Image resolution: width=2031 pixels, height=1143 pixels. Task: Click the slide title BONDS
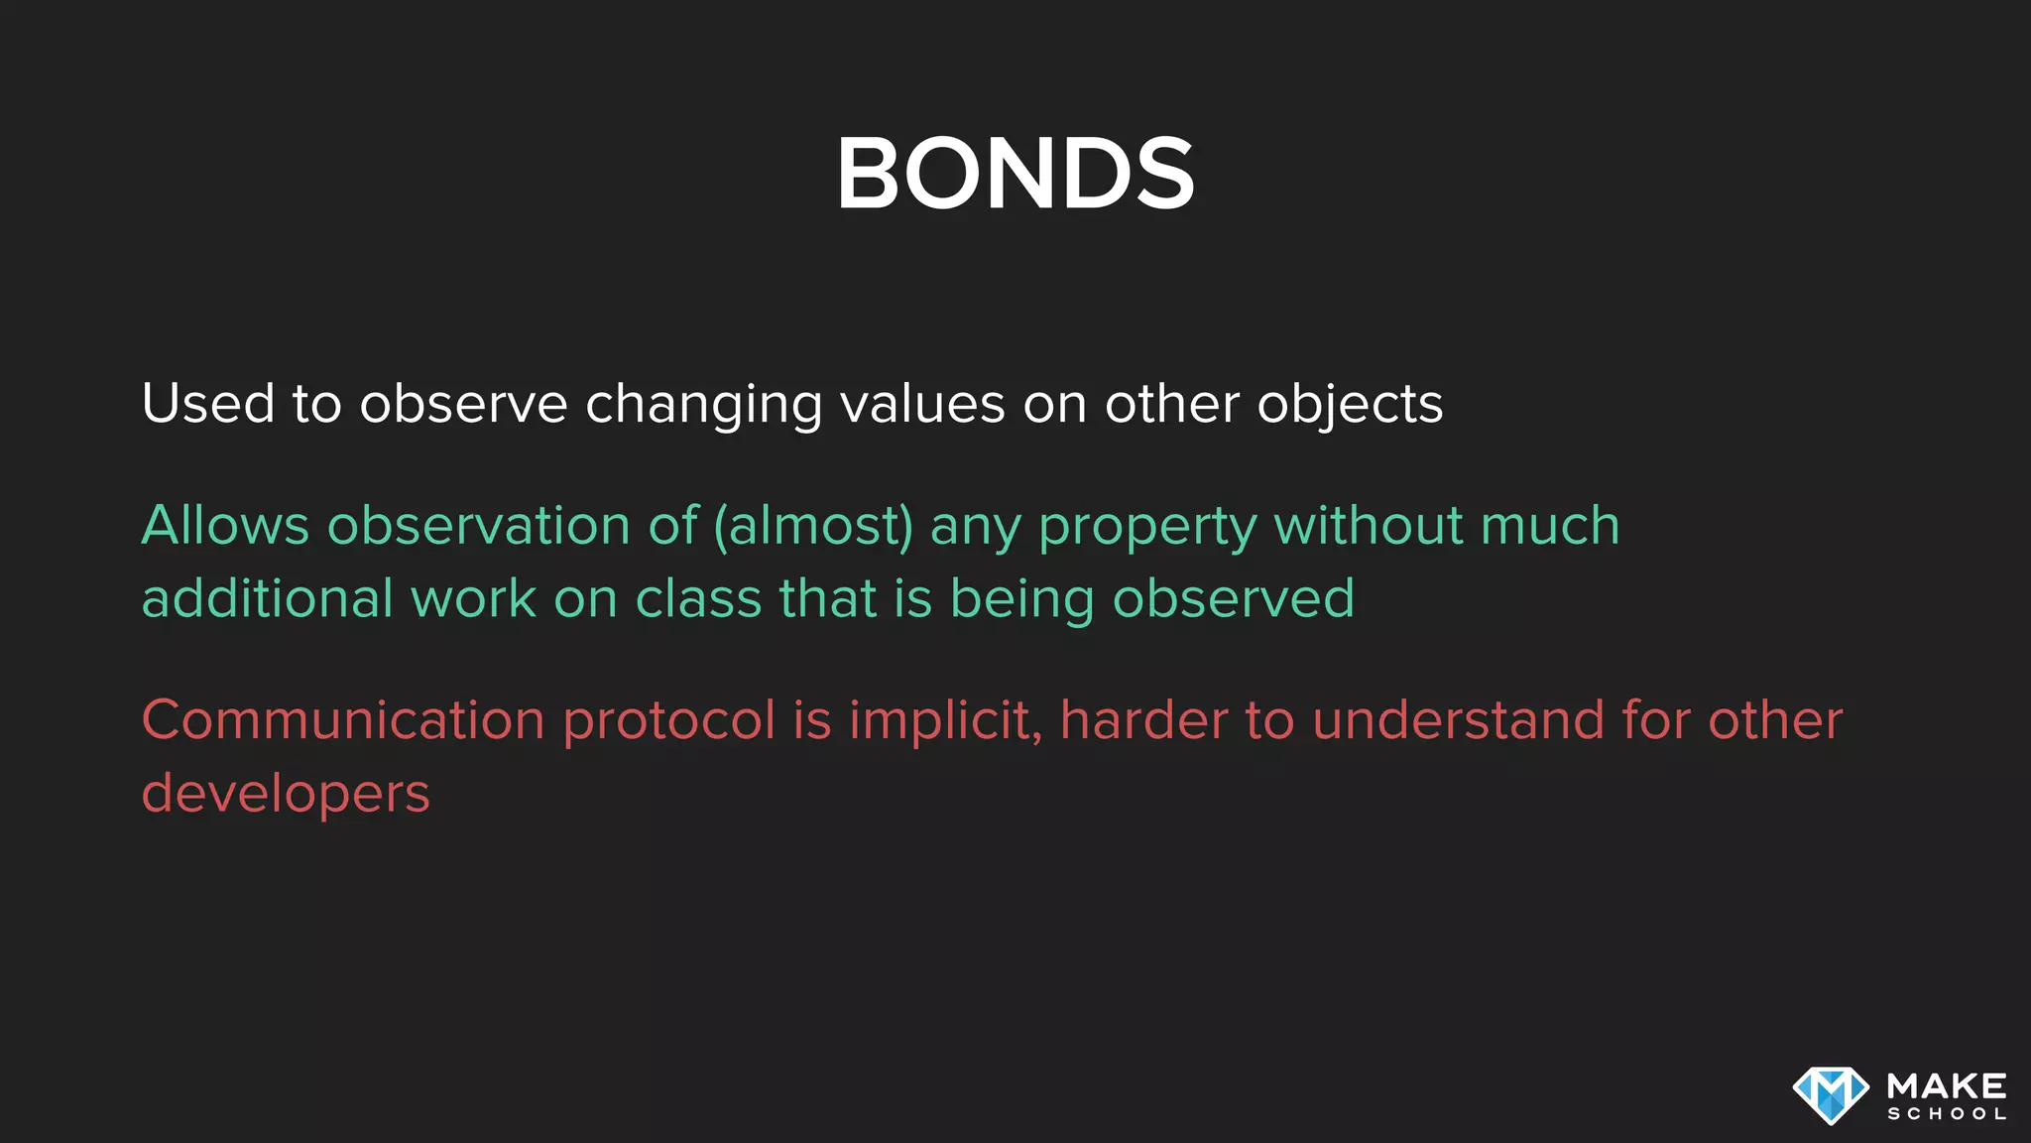(x=1015, y=175)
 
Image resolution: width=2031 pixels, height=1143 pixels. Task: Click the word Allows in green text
(x=225, y=525)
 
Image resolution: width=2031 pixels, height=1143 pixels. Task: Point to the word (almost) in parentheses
(x=813, y=525)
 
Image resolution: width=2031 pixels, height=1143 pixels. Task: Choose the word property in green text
(x=1147, y=527)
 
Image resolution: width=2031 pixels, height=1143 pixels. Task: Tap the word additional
(x=268, y=598)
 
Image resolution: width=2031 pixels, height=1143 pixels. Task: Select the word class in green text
(x=698, y=598)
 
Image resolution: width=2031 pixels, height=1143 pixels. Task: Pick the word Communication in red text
(x=343, y=719)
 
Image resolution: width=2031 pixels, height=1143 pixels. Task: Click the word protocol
(x=668, y=721)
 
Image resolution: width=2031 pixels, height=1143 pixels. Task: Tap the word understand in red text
(x=1458, y=719)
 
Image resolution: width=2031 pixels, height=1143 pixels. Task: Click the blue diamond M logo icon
(x=1831, y=1094)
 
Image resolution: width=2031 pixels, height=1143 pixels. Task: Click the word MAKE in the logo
(x=1947, y=1085)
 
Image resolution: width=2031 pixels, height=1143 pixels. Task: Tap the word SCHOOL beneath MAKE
(x=1947, y=1114)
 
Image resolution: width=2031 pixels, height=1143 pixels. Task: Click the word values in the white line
(x=922, y=404)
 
